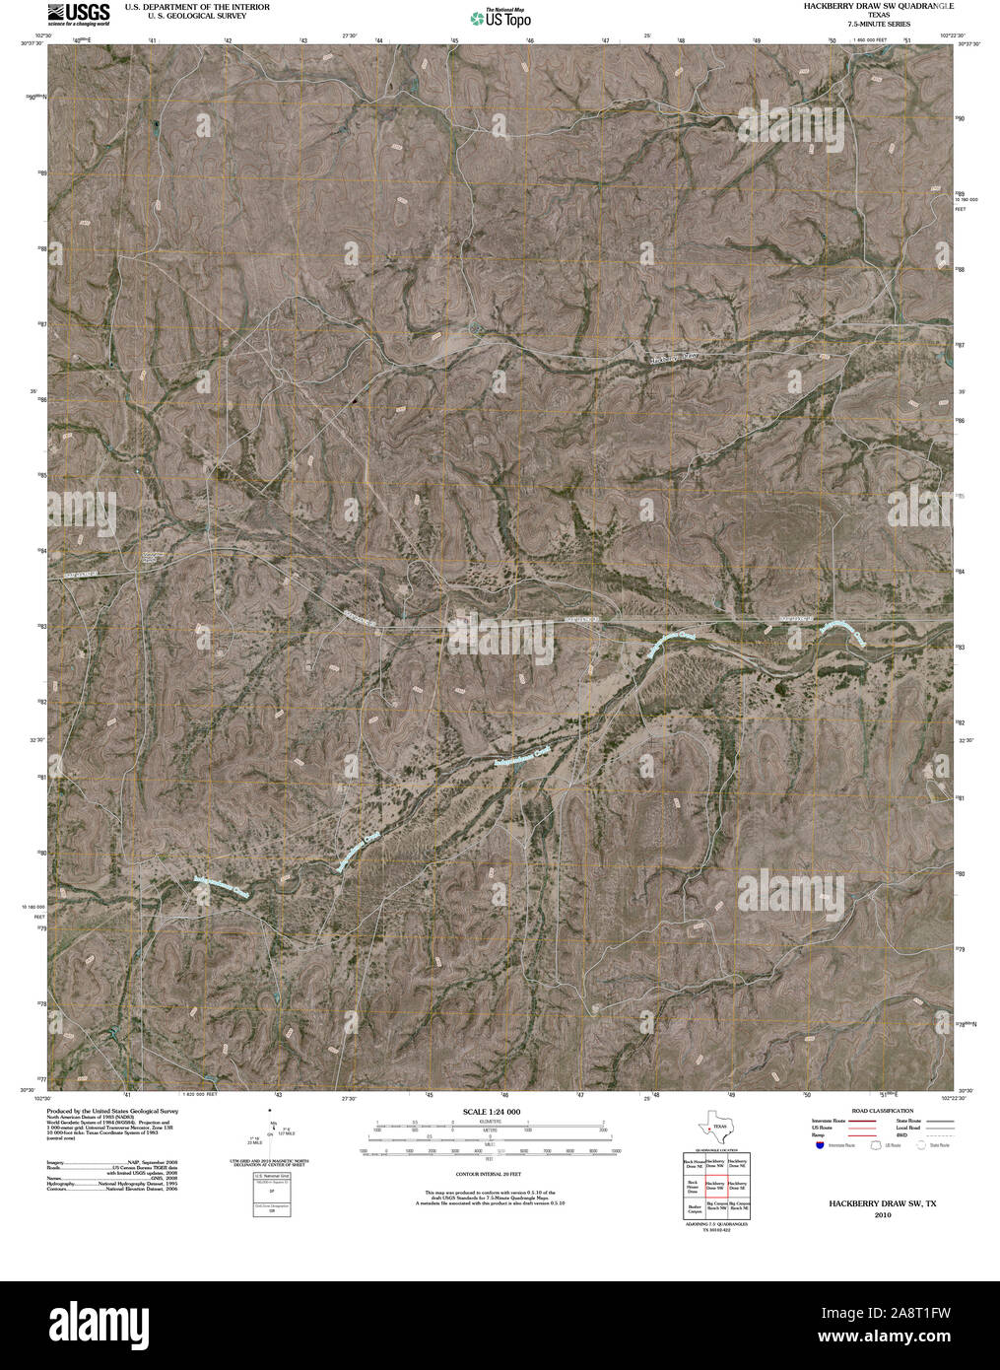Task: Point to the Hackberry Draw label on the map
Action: point(679,356)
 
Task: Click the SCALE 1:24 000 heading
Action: point(492,1112)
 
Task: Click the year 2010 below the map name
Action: point(882,1215)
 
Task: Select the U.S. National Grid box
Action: point(272,1195)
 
